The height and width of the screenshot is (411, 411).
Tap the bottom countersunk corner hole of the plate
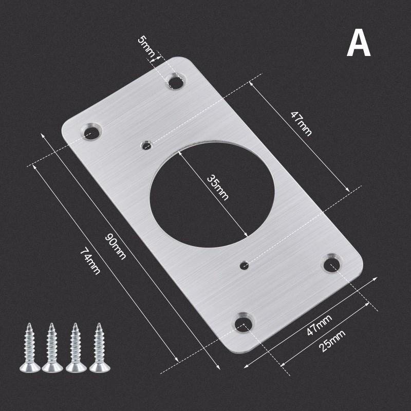tap(244, 323)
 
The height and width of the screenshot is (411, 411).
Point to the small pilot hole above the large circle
tap(147, 145)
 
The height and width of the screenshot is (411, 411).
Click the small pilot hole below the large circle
tap(245, 265)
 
